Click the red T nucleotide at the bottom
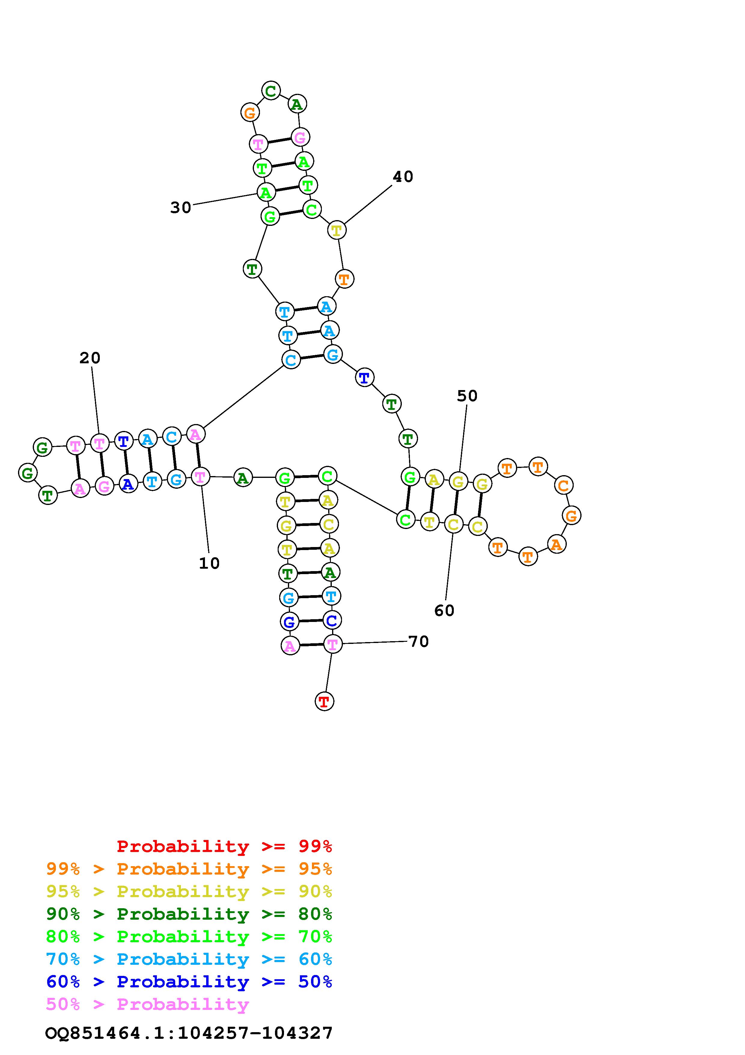[324, 702]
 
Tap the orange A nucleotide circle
[556, 545]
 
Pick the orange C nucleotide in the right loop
[564, 485]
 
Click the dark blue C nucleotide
[331, 620]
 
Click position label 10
[209, 563]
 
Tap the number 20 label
[90, 358]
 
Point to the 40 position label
[403, 177]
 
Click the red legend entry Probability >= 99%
[224, 846]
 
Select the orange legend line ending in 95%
[189, 869]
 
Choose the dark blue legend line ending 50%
[189, 982]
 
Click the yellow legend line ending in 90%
[189, 891]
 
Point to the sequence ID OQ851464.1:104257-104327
[189, 1033]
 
